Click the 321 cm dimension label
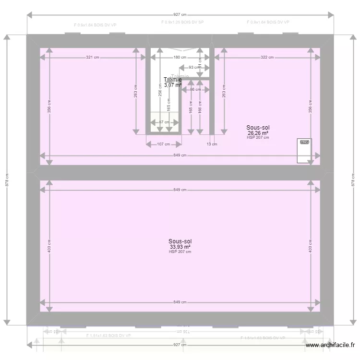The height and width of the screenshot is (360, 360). [x=93, y=58]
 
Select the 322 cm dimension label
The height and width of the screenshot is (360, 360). [x=267, y=58]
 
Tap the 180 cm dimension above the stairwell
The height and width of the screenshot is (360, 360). [x=180, y=58]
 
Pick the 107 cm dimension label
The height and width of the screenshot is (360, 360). [x=164, y=144]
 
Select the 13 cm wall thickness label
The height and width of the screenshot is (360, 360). [x=212, y=144]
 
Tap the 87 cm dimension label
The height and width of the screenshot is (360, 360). [x=164, y=122]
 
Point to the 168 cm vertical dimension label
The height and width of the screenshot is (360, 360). [x=200, y=107]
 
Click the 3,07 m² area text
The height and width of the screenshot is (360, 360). [x=172, y=85]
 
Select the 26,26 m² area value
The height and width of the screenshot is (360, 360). [x=258, y=133]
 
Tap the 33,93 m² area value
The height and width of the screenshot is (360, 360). [x=180, y=247]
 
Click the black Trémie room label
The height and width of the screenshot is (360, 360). [x=173, y=80]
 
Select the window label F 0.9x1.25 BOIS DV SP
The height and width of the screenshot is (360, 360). [x=182, y=23]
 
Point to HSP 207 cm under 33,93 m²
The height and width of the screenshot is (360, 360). [x=180, y=252]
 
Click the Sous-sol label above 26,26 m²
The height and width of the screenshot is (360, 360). [x=258, y=128]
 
